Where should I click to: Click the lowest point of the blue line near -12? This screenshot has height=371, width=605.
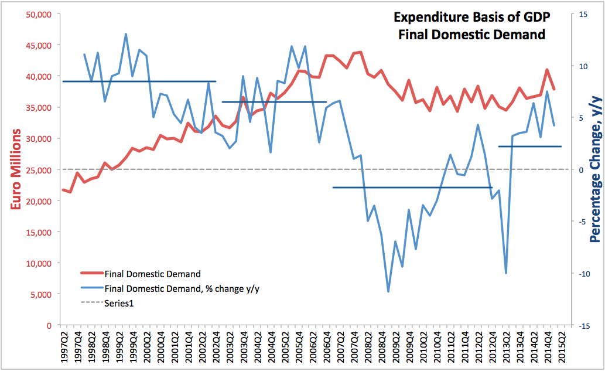pyautogui.click(x=388, y=291)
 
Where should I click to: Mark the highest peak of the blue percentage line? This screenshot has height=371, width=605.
pyautogui.click(x=126, y=34)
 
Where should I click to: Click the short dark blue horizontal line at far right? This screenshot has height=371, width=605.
pyautogui.click(x=529, y=147)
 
